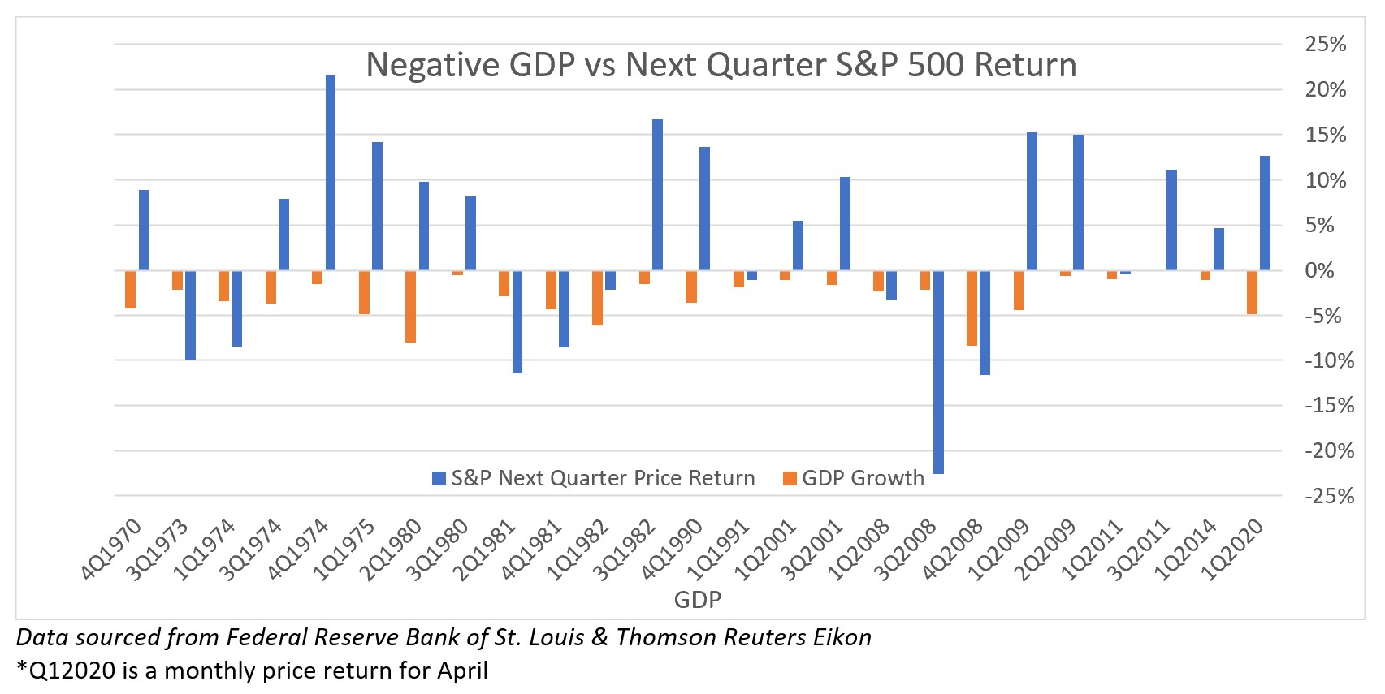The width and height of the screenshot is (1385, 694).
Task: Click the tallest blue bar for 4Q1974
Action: [x=331, y=172]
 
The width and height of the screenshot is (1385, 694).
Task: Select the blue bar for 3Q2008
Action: [x=938, y=372]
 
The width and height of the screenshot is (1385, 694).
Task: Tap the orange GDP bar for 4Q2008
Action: [x=972, y=308]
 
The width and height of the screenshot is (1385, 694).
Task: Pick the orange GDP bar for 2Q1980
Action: [x=410, y=306]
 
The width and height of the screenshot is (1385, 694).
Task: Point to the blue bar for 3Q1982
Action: [x=657, y=194]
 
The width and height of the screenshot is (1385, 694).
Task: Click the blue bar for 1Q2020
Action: [x=1265, y=213]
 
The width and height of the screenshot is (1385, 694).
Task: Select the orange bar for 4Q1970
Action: [x=130, y=289]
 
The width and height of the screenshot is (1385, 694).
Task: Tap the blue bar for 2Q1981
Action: [x=517, y=321]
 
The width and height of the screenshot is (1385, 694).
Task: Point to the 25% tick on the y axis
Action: [x=1325, y=44]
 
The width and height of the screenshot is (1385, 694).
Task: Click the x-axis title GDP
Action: [x=697, y=599]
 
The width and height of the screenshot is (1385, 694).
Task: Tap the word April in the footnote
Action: [x=462, y=670]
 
